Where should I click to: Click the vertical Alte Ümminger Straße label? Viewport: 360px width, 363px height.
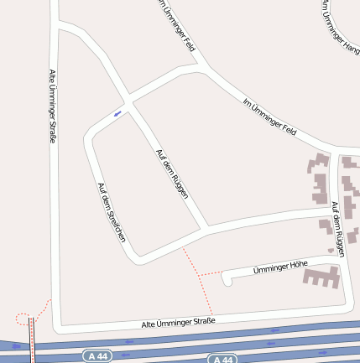point(52,106)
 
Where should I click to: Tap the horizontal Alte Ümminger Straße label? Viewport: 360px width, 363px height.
point(179,322)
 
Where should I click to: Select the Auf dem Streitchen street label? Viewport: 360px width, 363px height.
point(112,213)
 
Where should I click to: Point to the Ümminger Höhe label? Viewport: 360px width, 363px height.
point(280,267)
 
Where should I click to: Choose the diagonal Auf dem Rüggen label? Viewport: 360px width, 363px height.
point(172,174)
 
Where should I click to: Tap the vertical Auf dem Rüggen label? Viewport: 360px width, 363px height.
point(337,228)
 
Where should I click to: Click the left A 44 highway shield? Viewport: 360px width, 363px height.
point(98,355)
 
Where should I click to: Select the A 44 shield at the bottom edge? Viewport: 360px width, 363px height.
point(221,360)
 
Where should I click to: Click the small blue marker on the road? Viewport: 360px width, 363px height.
point(117,113)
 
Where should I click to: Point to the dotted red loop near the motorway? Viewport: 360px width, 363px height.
point(23,318)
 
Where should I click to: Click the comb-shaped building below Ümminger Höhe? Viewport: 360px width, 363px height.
point(320,277)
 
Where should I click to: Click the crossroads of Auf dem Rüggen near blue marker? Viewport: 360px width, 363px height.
point(128,97)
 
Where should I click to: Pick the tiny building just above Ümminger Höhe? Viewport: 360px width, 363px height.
point(331,250)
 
